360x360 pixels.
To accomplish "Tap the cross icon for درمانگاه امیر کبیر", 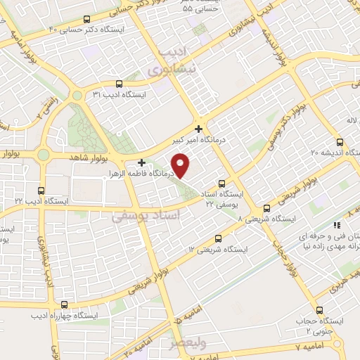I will (x=200, y=129).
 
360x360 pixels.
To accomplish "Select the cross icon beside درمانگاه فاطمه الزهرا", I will (x=141, y=162).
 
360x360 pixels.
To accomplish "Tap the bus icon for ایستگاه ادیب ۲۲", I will (x=41, y=190).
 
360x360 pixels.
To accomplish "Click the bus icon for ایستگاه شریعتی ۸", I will (x=266, y=209).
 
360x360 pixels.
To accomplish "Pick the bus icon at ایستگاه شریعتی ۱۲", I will (x=218, y=238).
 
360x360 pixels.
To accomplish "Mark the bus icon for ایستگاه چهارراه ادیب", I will (x=65, y=304).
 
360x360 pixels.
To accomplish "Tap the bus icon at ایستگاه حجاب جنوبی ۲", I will (x=320, y=310).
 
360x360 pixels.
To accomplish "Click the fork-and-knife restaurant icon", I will (x=336, y=226).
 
